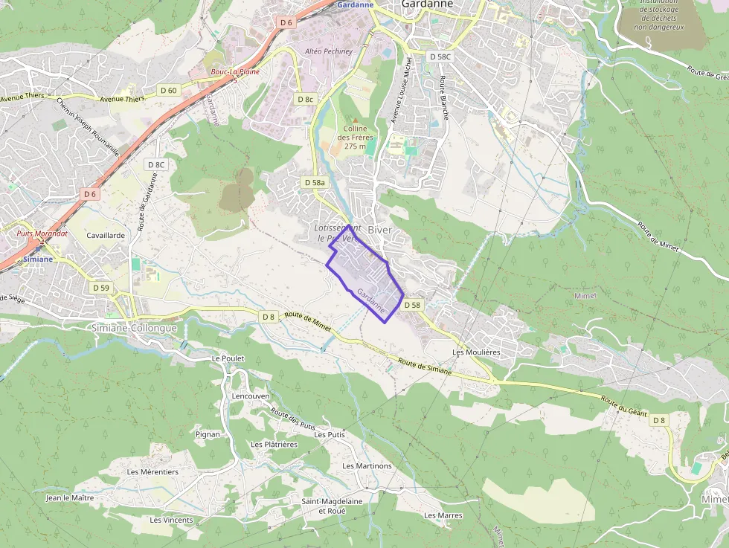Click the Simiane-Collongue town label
click(x=133, y=328)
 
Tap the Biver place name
click(x=379, y=230)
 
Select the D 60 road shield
click(x=169, y=90)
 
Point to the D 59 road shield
click(x=101, y=287)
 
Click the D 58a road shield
click(x=315, y=182)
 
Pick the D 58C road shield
click(x=440, y=57)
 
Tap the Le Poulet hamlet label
click(x=228, y=358)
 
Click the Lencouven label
click(x=251, y=396)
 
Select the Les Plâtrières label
click(x=274, y=444)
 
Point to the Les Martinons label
click(x=367, y=465)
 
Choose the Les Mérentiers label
click(x=152, y=471)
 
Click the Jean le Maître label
click(x=70, y=497)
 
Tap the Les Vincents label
click(x=171, y=520)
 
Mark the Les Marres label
click(x=443, y=515)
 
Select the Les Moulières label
click(x=476, y=352)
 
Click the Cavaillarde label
click(x=106, y=234)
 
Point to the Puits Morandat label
click(x=42, y=233)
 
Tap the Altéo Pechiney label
click(x=328, y=51)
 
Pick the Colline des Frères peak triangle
click(x=356, y=120)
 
